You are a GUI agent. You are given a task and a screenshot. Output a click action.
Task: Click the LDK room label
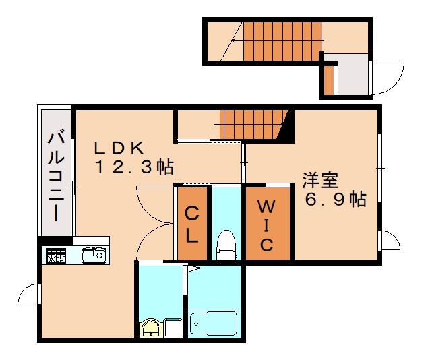119,147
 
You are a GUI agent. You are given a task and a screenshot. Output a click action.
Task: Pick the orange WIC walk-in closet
268,223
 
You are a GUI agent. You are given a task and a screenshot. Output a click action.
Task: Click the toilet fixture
227,244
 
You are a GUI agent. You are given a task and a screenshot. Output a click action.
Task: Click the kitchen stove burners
56,256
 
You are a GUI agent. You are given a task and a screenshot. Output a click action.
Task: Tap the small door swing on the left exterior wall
30,295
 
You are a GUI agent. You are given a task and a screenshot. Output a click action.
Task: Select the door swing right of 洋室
389,240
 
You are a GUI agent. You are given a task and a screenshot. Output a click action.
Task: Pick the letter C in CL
192,214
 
